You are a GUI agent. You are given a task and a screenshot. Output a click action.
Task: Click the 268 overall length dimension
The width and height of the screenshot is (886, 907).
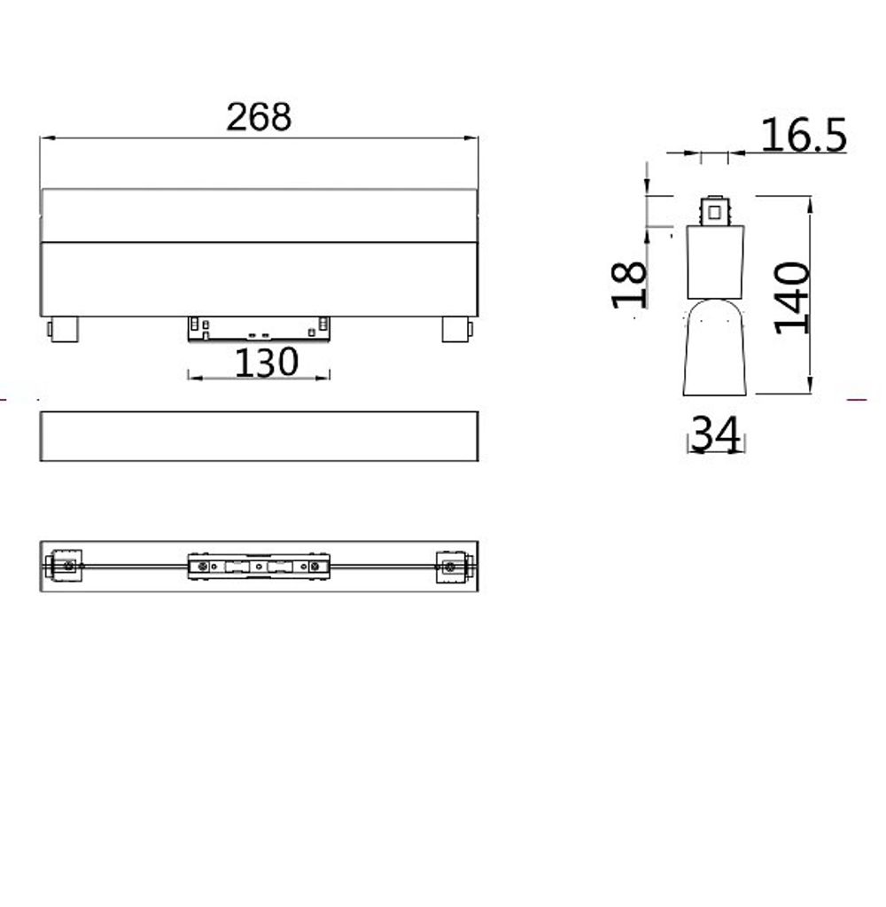click(x=258, y=117)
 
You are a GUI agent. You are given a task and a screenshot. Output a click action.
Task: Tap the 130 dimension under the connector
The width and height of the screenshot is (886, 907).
click(x=267, y=362)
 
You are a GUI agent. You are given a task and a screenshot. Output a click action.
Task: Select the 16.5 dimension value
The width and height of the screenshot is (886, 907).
click(x=803, y=136)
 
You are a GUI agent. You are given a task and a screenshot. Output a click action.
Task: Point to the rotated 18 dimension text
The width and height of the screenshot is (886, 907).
click(x=631, y=284)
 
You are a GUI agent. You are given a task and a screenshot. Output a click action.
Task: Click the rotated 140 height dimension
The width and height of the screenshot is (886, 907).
click(x=792, y=297)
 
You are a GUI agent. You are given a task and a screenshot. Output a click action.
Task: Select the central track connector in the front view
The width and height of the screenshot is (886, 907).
click(x=259, y=327)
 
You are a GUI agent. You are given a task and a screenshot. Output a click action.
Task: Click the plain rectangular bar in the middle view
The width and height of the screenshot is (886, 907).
click(x=259, y=436)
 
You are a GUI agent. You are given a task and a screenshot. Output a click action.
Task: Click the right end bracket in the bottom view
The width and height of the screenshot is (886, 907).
click(x=454, y=567)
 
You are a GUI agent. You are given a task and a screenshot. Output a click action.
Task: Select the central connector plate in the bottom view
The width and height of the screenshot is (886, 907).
click(x=258, y=567)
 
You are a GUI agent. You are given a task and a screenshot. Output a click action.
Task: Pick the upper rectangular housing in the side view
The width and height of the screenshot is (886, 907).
click(x=714, y=262)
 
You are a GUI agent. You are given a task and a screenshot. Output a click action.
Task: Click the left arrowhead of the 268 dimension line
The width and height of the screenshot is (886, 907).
click(x=45, y=138)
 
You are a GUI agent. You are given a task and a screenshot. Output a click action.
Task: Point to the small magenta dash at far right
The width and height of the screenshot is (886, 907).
click(x=857, y=400)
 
